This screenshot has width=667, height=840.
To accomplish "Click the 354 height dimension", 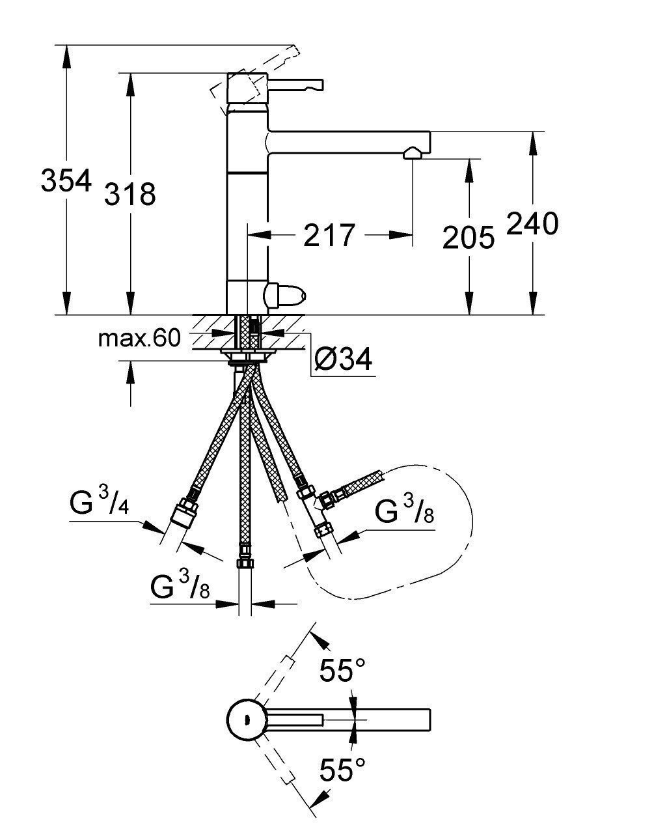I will pos(65,180).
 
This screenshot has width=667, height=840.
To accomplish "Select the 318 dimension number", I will pos(130,193).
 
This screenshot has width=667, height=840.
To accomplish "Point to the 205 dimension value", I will pos(468,238).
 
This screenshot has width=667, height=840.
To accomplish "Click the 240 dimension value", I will pos(532,225).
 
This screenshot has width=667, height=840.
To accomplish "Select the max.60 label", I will pos(139,339).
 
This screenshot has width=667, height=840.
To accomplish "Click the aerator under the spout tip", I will pos(411,154).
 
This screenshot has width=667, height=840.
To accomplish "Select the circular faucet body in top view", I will pos(246,720).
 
